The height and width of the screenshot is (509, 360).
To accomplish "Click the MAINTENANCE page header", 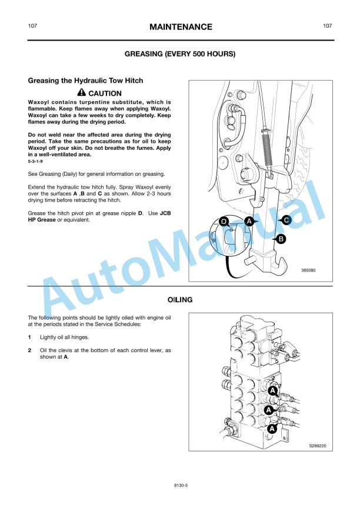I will click(x=181, y=27).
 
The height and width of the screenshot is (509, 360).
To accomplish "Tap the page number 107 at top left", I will click(x=33, y=26).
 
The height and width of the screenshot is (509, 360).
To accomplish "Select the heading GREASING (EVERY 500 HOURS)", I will click(x=180, y=54).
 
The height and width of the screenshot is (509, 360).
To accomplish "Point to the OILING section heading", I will click(x=180, y=300).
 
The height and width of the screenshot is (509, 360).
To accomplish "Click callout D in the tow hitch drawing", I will click(x=224, y=221).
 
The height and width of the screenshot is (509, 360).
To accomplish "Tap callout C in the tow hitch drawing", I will click(x=286, y=220).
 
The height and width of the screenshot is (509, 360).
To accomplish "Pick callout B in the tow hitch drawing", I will click(x=281, y=239).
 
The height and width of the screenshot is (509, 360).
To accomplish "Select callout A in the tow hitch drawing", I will click(x=249, y=221).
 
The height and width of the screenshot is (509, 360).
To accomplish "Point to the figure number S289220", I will click(x=318, y=446).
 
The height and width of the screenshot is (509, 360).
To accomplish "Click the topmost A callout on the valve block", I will click(x=273, y=390).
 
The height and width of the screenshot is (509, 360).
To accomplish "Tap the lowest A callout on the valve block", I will click(x=272, y=429).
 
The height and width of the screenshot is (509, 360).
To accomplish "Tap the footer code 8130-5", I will click(x=180, y=486).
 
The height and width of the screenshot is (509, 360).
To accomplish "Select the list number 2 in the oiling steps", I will click(x=30, y=350).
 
